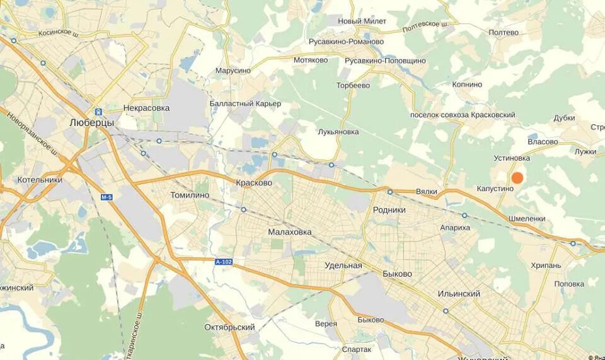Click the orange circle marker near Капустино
coord(517,178)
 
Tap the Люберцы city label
coord(91,123)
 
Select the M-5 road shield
coord(107,197)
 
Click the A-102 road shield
coord(223,262)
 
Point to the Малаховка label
coord(290,232)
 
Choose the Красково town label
coord(253,183)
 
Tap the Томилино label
coord(190,195)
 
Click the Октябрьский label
coord(229,327)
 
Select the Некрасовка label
coord(147,108)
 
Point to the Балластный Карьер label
coord(245,103)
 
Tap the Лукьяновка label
coord(338,132)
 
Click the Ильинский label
coord(459,294)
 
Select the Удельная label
coord(343,265)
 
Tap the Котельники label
coord(40,180)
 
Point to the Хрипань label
coord(546,265)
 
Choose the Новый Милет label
coord(362,21)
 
